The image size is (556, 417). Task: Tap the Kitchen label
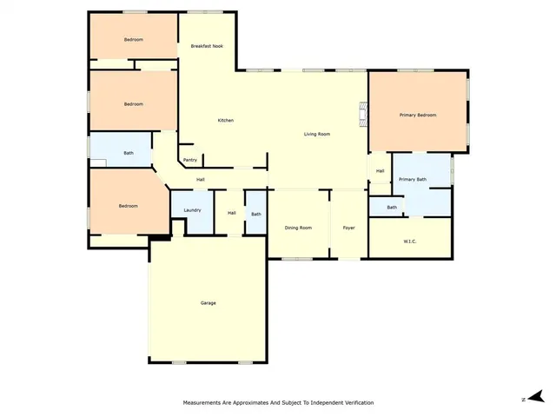coord(225,120)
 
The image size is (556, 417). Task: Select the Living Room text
coord(316,134)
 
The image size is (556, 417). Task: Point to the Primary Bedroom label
coord(417,116)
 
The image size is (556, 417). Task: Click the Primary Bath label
coord(413,179)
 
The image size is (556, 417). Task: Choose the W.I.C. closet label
coord(410,241)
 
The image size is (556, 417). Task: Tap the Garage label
coord(208,303)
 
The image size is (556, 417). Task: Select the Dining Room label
coord(298,228)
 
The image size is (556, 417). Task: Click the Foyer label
coord(348,228)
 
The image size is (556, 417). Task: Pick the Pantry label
coord(190,160)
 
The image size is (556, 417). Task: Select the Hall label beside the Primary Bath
coord(380,171)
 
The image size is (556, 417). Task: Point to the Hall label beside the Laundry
coord(232,213)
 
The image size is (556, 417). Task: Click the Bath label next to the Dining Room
coord(256,214)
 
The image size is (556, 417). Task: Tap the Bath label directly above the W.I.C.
coord(392,207)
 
